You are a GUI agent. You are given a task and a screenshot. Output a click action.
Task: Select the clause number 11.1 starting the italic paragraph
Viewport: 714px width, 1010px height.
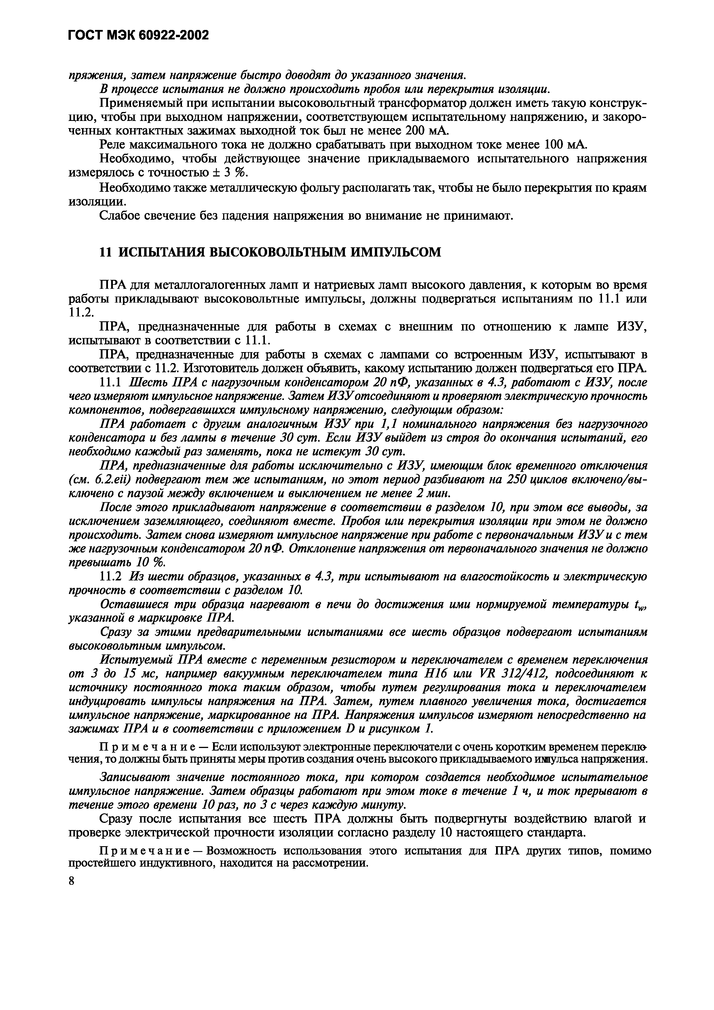pyautogui.click(x=112, y=382)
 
